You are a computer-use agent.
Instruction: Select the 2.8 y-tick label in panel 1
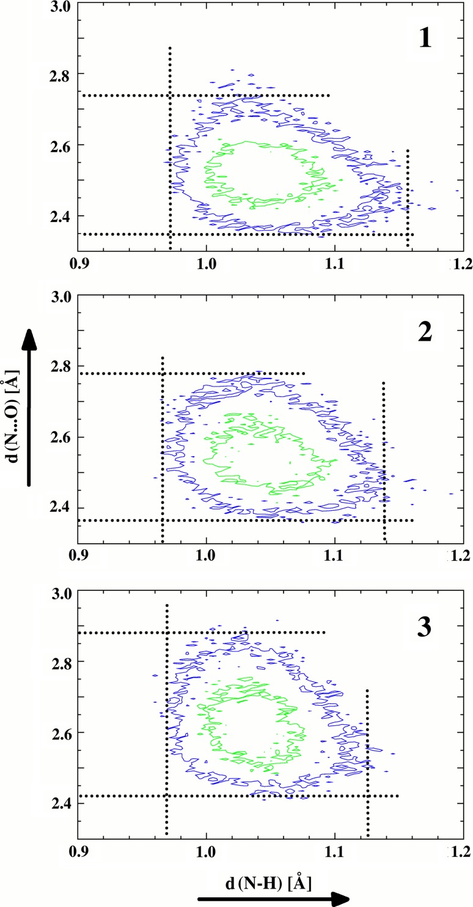[62, 75]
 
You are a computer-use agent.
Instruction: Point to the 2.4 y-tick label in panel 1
[62, 217]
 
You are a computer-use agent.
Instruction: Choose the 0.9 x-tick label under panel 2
[78, 555]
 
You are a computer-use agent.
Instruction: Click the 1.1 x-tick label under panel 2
[335, 555]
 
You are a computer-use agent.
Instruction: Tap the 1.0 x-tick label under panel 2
[207, 555]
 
